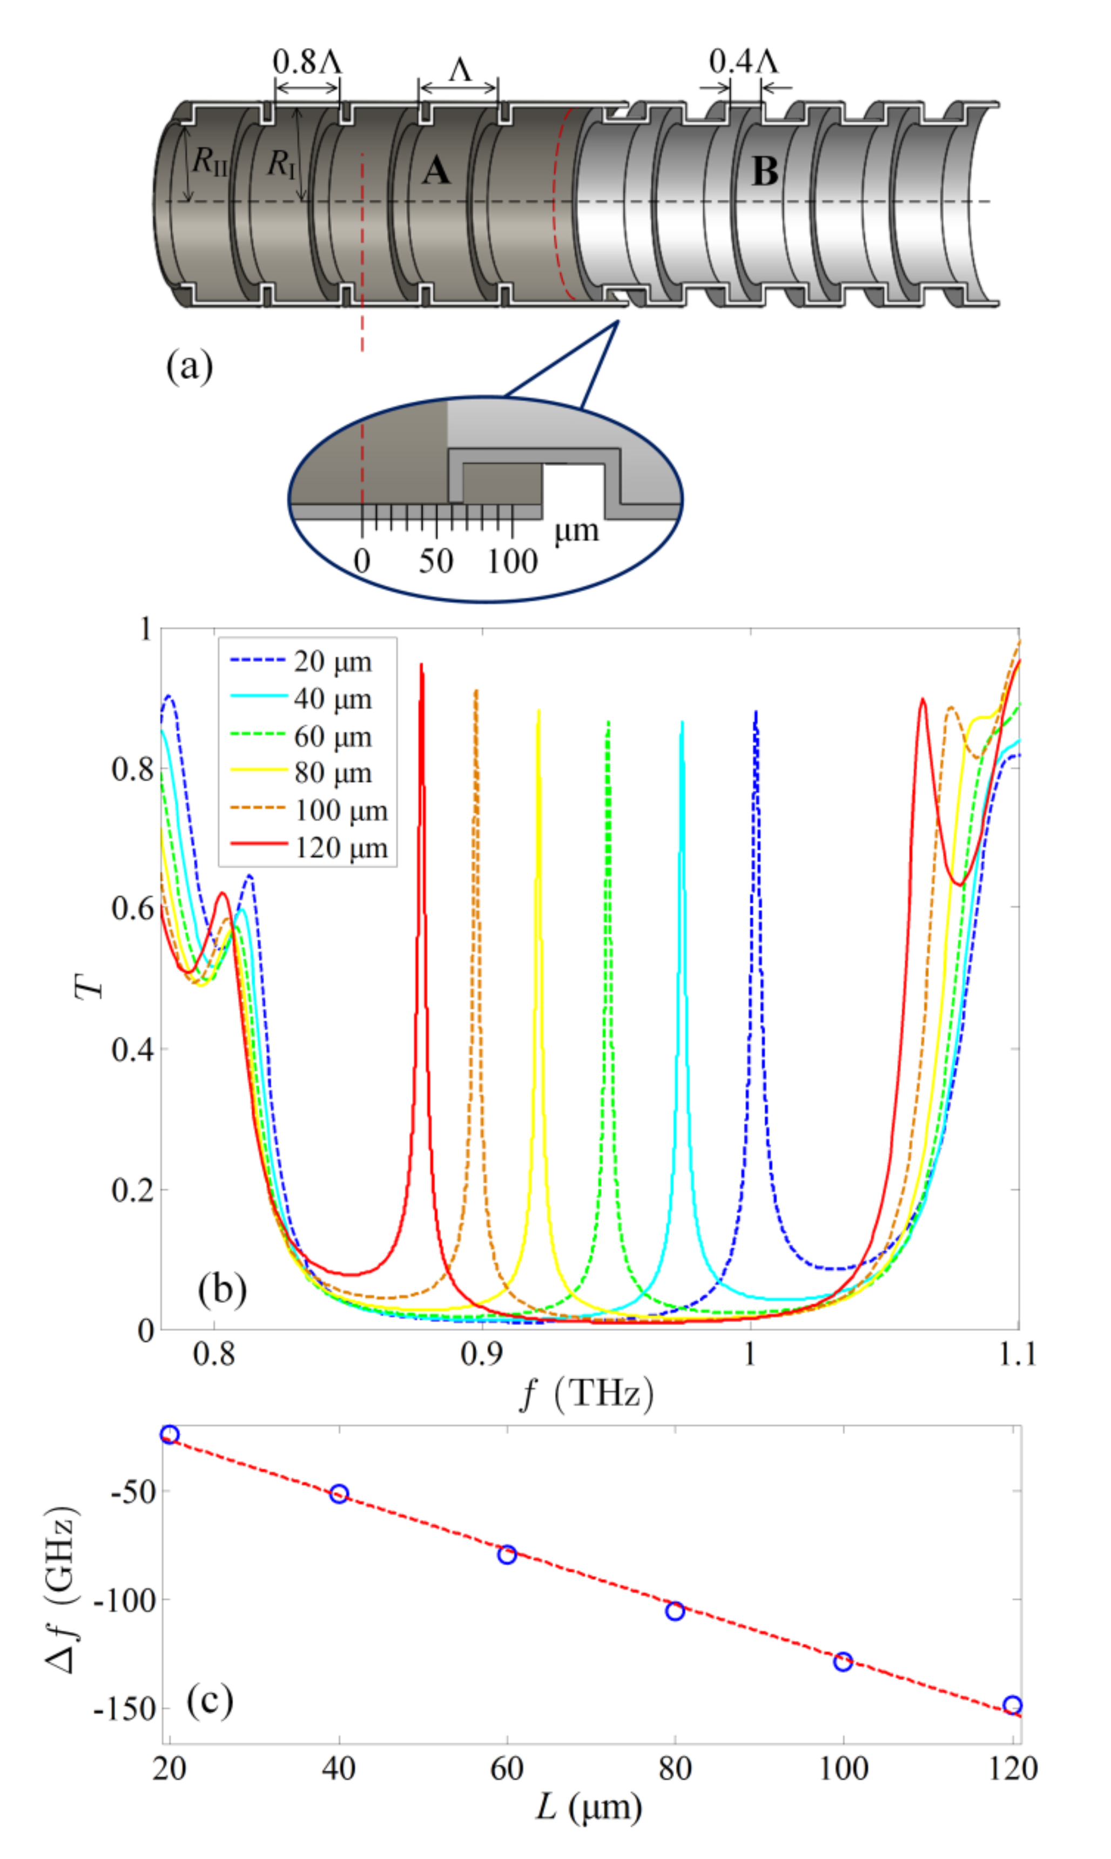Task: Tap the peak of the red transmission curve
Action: click(x=421, y=665)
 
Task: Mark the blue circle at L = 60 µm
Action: click(x=507, y=1554)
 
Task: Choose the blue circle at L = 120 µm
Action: click(x=1012, y=1706)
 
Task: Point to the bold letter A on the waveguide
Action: click(x=436, y=171)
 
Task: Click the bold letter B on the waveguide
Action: click(x=764, y=171)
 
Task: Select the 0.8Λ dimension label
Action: click(x=307, y=62)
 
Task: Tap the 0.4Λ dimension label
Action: click(x=743, y=62)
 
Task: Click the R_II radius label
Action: click(x=210, y=161)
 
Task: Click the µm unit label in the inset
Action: click(x=576, y=531)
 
